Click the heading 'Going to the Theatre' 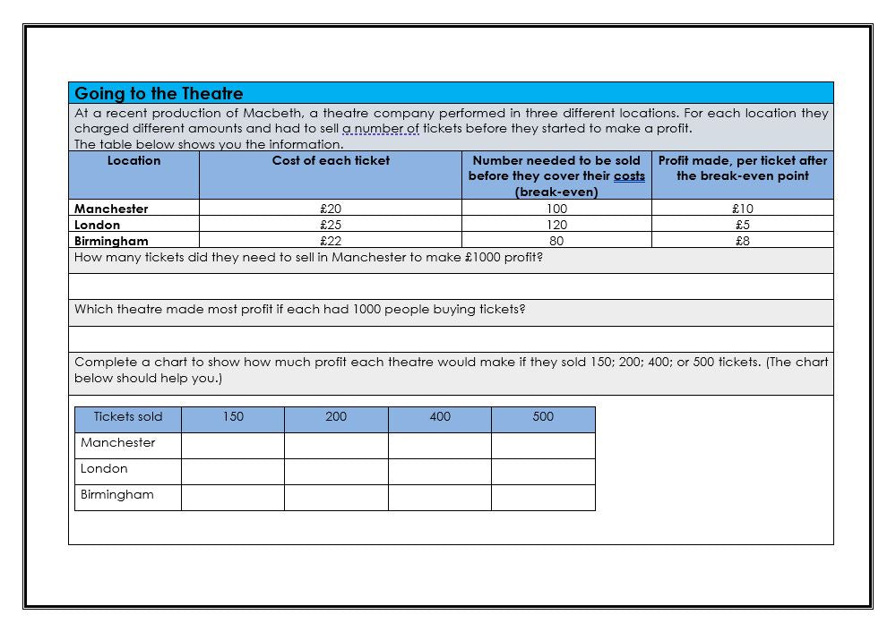(159, 93)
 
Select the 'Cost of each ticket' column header (331, 161)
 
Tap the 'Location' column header (134, 161)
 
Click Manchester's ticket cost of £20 (331, 209)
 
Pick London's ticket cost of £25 (331, 225)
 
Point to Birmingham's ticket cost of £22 (331, 241)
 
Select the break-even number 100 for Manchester (556, 209)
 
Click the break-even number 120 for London (556, 225)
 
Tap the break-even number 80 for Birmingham (556, 241)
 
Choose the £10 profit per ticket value (743, 209)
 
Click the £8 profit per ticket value (743, 241)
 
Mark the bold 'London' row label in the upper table (97, 225)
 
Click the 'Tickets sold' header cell (128, 417)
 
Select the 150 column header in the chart (233, 417)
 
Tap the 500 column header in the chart (543, 417)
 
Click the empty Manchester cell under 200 (336, 445)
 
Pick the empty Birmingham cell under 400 (439, 497)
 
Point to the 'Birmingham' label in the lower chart (116, 495)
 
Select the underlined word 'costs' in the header (629, 176)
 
